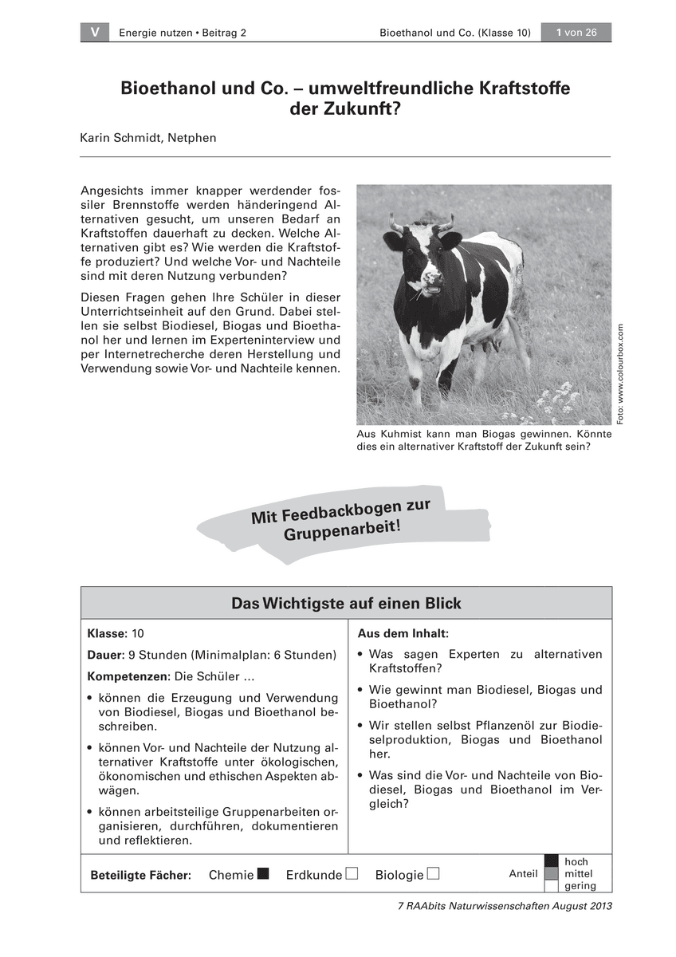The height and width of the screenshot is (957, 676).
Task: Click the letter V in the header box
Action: tap(95, 33)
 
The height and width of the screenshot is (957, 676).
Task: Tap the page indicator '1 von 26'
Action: tap(576, 33)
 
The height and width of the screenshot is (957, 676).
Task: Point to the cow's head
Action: tap(421, 255)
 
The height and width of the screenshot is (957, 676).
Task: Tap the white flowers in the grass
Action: tap(558, 396)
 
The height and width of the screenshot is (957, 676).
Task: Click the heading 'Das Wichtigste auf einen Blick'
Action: tap(346, 604)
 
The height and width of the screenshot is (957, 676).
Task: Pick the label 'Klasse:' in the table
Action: tap(108, 634)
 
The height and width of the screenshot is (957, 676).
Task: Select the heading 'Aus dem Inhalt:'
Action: tap(403, 634)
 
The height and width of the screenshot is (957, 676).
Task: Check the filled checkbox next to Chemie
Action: tap(264, 873)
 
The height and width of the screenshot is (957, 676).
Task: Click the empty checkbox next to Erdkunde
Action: tap(352, 873)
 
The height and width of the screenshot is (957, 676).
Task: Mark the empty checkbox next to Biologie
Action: tap(434, 873)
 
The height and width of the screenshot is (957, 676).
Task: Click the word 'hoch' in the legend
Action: tap(576, 862)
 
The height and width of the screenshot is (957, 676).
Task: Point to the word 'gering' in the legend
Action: tap(580, 886)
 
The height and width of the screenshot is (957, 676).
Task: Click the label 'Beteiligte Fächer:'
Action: tap(141, 875)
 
